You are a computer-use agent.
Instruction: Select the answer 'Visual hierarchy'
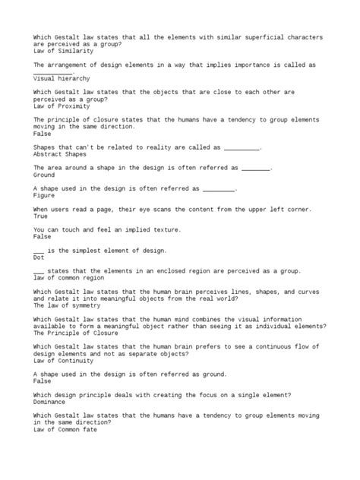pyautogui.click(x=62, y=77)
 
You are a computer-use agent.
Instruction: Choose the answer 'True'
pyautogui.click(x=42, y=216)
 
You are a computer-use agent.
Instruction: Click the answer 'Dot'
pyautogui.click(x=39, y=257)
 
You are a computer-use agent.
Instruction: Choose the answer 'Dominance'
pyautogui.click(x=54, y=403)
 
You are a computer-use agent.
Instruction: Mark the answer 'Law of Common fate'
pyautogui.click(x=65, y=431)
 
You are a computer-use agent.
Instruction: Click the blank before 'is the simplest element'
pyautogui.click(x=39, y=251)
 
